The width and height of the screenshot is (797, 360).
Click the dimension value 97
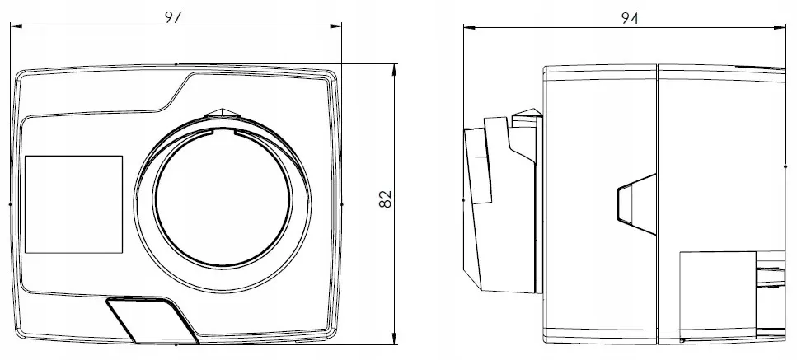173,17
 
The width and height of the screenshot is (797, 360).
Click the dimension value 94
630,19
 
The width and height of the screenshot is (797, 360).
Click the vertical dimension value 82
386,199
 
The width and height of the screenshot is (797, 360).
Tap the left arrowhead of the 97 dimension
16,26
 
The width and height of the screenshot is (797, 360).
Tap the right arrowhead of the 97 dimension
336,26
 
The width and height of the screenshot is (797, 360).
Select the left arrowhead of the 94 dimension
469,27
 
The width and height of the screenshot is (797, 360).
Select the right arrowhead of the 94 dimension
781,27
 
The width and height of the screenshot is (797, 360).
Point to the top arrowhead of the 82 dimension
395,69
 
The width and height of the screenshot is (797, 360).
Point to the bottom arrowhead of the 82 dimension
395,339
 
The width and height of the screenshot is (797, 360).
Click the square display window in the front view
73,204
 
